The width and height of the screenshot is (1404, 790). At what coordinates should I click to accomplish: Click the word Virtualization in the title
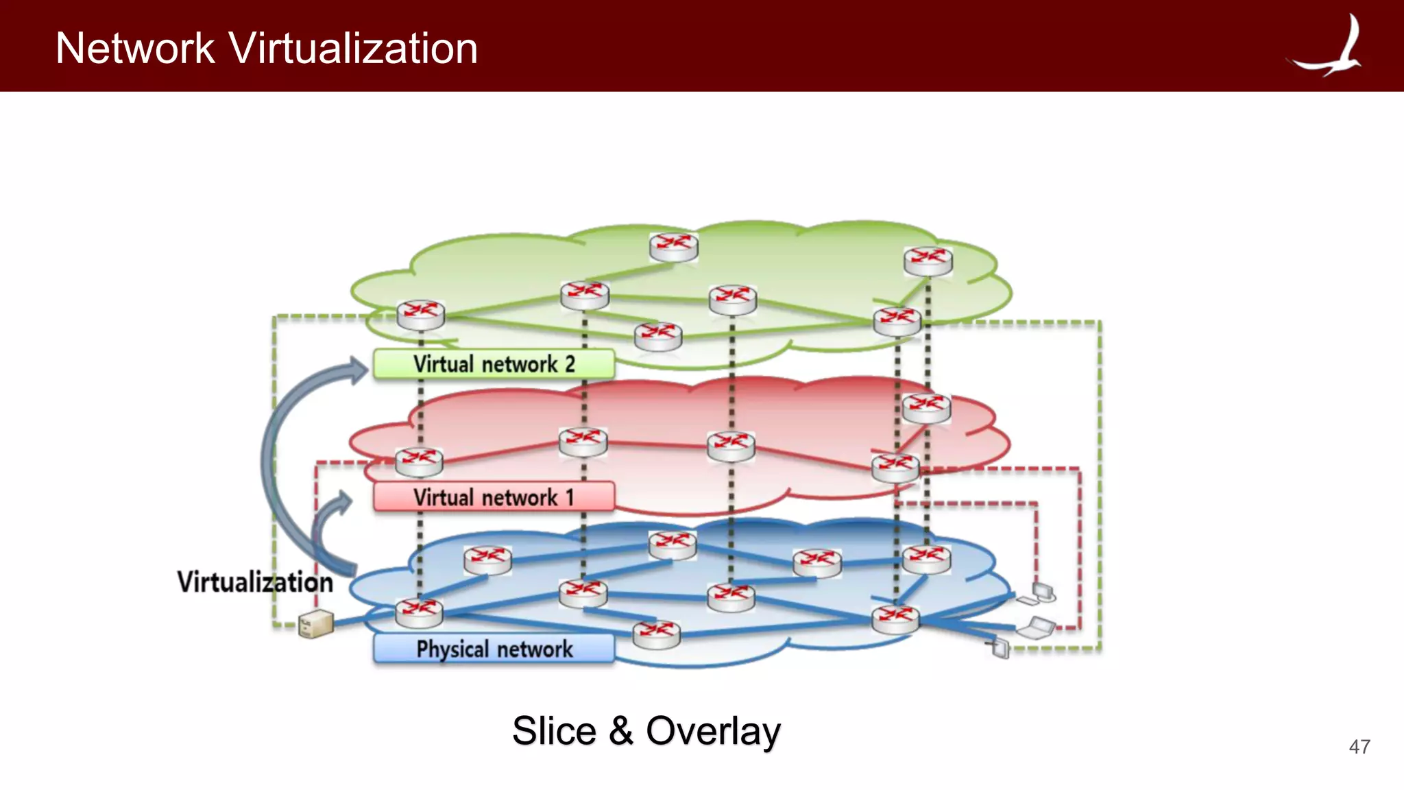[352, 49]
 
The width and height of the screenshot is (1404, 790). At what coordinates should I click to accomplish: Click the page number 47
[1359, 747]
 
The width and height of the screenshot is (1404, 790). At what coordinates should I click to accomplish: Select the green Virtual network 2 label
[494, 364]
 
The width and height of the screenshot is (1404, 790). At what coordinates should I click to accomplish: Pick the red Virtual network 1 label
[494, 497]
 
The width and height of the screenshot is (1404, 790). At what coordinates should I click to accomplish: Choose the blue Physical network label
[494, 649]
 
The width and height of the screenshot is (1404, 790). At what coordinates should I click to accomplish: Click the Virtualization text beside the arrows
[255, 582]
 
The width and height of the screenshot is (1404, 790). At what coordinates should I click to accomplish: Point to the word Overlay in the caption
[713, 731]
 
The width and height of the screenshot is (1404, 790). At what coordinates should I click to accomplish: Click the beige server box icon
[316, 623]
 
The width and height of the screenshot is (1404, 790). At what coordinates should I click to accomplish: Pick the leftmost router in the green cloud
[420, 315]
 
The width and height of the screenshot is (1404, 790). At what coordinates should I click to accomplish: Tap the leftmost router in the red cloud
[419, 462]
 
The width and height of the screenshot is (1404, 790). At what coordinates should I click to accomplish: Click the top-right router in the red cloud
[926, 407]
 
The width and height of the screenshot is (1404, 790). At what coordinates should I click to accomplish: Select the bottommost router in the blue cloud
[656, 634]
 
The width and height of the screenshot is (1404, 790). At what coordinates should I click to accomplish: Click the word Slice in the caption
[554, 731]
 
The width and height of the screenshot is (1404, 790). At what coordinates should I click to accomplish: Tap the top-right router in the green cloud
[928, 261]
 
